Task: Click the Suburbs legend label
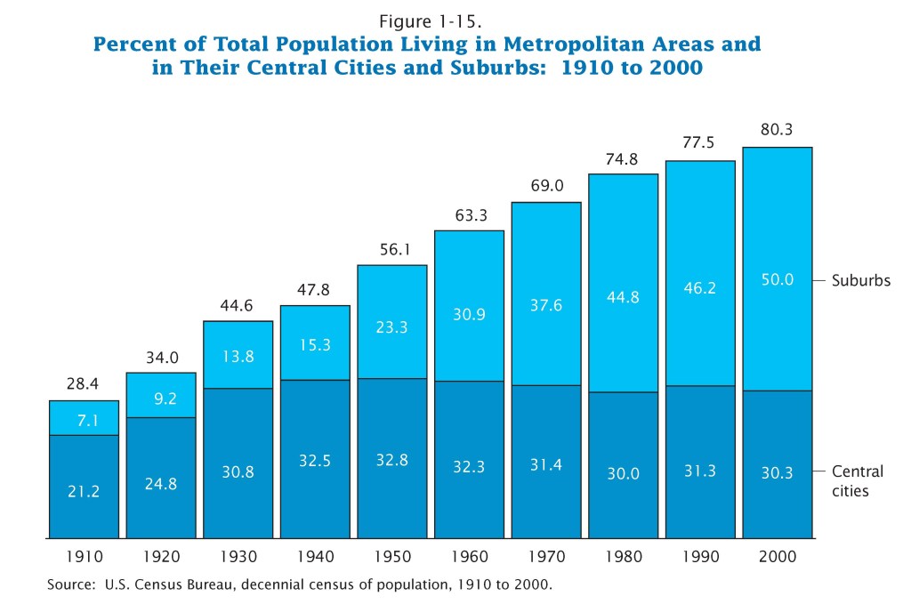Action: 861,280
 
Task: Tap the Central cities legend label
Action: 858,480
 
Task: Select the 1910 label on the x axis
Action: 84,557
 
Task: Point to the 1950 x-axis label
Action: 392,557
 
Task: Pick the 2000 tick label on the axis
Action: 778,557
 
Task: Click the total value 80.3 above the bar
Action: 778,130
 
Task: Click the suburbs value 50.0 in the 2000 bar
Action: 778,280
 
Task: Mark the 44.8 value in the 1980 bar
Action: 623,297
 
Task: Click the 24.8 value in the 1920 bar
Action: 161,485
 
